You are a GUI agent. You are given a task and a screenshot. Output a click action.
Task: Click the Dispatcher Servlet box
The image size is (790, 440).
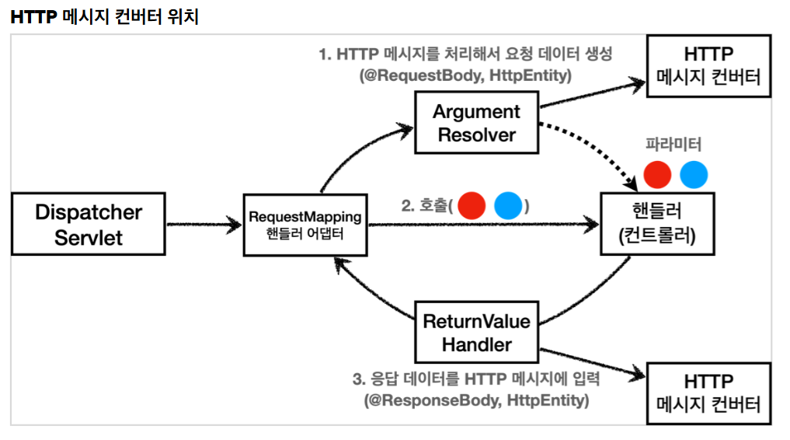click(x=89, y=225)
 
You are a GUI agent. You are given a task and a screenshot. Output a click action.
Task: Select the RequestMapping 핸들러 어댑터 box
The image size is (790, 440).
click(x=305, y=225)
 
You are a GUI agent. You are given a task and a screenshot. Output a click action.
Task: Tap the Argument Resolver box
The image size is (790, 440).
click(x=476, y=123)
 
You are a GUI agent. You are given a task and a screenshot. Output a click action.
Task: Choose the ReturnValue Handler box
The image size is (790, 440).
click(x=476, y=333)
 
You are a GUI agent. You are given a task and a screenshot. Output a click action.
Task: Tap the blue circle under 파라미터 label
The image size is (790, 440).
click(x=694, y=175)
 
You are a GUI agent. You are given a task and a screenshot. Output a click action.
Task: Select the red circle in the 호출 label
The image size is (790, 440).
click(x=472, y=206)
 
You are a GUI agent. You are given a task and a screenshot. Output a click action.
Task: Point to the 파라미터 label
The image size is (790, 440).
click(x=673, y=145)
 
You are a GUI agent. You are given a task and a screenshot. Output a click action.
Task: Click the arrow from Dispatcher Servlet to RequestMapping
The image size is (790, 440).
click(x=204, y=225)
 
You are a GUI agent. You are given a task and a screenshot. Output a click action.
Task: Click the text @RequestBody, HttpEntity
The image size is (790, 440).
click(x=465, y=76)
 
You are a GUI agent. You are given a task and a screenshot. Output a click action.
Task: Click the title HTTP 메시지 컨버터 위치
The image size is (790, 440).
click(x=105, y=16)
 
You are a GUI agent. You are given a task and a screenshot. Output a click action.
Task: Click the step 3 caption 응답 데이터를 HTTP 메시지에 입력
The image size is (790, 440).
click(x=476, y=379)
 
